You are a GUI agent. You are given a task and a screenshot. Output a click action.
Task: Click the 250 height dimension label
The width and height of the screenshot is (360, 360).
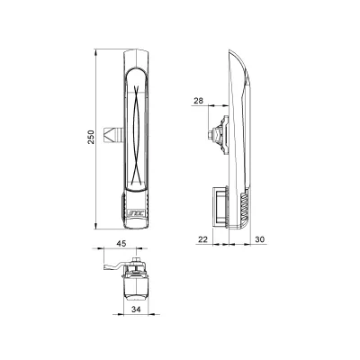click(91, 137)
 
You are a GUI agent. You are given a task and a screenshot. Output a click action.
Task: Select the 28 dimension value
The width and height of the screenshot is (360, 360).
click(198, 101)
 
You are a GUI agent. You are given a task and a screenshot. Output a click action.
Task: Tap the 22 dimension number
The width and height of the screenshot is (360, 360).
click(203, 239)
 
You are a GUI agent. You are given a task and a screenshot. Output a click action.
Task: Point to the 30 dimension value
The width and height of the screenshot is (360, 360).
click(260, 239)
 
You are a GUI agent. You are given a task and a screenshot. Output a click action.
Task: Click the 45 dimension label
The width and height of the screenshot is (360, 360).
click(121, 243)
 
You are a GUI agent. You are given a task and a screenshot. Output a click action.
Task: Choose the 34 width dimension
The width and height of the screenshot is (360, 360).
click(137, 310)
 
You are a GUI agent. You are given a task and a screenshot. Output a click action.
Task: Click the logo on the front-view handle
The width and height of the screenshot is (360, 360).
click(136, 213)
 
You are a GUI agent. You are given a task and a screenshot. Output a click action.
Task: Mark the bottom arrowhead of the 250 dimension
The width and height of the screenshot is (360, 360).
click(96, 226)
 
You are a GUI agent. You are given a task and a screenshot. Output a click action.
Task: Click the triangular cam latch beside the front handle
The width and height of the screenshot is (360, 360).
click(109, 135)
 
